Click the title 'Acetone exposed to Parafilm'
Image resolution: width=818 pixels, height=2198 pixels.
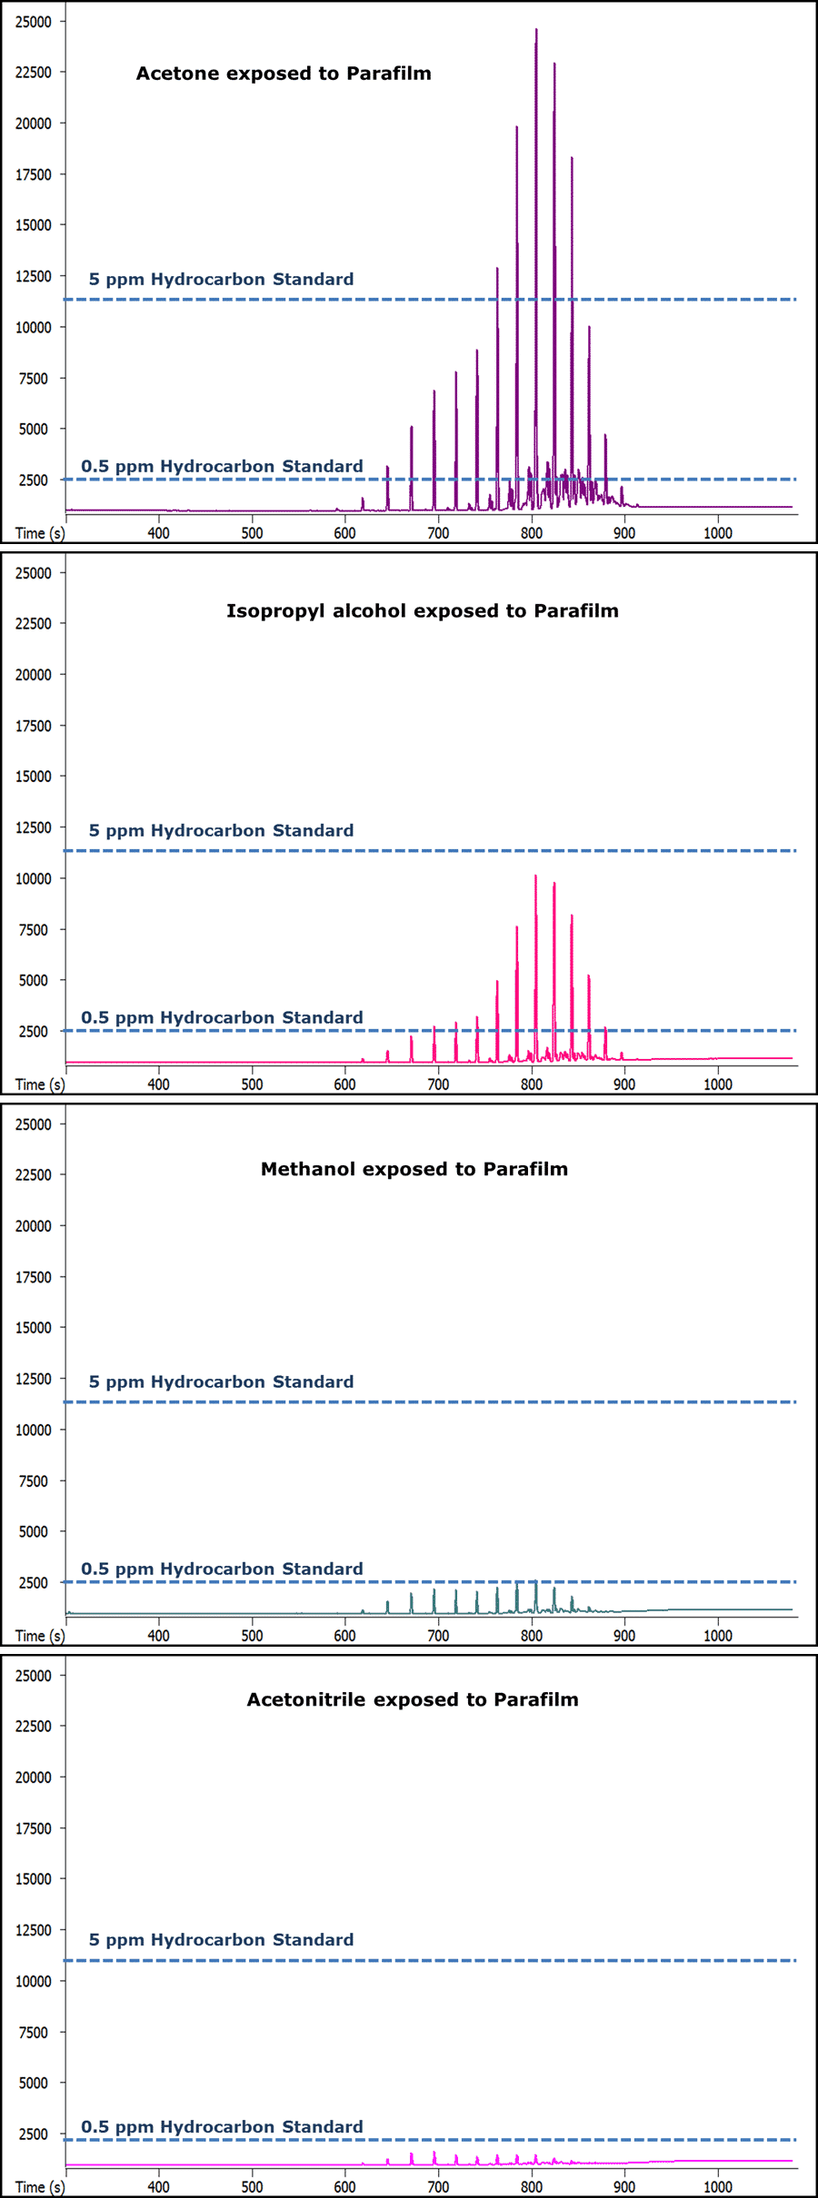(284, 74)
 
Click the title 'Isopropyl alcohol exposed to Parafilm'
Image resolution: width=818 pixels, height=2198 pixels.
(423, 611)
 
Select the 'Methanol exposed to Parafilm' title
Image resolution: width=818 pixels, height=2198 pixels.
(414, 1169)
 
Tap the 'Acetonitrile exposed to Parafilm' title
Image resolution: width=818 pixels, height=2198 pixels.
(413, 1699)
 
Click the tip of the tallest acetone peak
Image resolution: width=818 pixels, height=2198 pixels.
(536, 31)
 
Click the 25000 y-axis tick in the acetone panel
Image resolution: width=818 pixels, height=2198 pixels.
(34, 22)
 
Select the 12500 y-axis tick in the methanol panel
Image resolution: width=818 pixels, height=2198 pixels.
(34, 1379)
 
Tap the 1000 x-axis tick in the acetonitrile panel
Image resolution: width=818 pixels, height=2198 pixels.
(717, 2187)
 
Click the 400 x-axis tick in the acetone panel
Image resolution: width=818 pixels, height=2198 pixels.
(158, 533)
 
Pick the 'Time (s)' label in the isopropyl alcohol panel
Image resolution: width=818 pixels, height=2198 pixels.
(40, 1084)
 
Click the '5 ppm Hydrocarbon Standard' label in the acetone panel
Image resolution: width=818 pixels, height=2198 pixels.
(221, 280)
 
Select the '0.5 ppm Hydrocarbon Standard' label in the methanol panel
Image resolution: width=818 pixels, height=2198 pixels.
(222, 1569)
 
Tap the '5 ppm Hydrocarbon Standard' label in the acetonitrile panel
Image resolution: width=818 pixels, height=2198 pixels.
(221, 1939)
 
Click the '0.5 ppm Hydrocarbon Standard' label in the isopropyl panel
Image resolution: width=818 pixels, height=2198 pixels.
(222, 1017)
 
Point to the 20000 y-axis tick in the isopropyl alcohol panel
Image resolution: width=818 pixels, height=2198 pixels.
(34, 675)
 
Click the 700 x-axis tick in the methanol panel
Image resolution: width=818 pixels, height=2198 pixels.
(438, 1636)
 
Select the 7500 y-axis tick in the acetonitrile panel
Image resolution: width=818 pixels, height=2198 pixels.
(34, 2032)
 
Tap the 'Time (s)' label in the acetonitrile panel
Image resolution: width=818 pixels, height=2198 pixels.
(40, 2187)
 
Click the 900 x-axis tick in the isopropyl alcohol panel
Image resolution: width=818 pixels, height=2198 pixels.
(624, 1084)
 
